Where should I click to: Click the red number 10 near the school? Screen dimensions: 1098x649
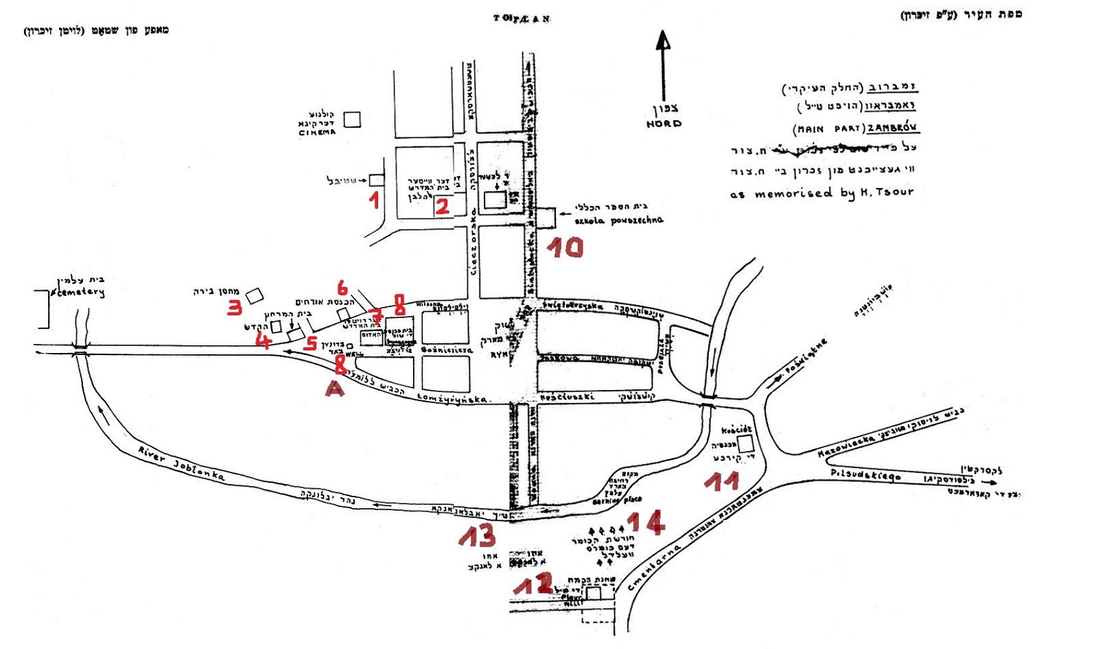point(565,247)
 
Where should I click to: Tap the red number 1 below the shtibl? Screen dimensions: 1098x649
point(374,200)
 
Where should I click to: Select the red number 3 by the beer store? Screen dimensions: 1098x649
point(235,307)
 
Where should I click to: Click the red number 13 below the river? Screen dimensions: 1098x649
point(477,536)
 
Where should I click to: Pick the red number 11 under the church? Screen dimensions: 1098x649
point(721,481)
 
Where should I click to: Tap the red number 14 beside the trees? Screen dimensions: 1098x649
point(646,523)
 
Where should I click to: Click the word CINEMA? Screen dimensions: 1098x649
point(317,133)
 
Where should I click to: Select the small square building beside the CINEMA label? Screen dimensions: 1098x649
point(352,119)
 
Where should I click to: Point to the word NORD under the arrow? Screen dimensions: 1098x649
point(664,124)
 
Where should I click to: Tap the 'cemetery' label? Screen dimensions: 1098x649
point(80,293)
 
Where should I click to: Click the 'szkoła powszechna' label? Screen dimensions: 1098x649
point(619,220)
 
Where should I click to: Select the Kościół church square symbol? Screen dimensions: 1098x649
point(745,443)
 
